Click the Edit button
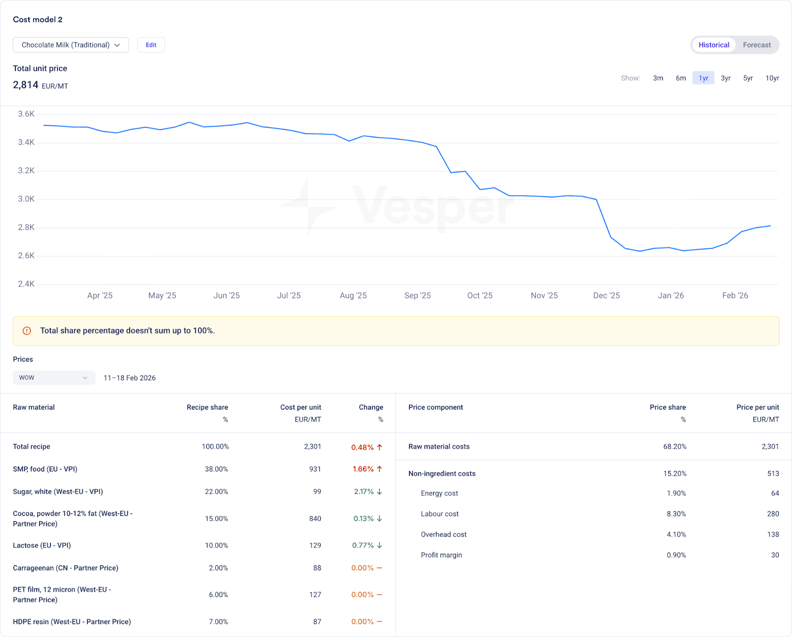point(151,45)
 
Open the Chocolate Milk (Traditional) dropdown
point(71,45)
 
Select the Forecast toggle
point(756,45)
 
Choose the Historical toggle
point(714,45)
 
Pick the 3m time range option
point(658,78)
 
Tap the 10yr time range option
point(772,78)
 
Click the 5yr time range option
point(747,78)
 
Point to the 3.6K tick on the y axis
point(26,114)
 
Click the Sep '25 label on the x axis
point(417,296)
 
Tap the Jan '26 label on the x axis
point(671,296)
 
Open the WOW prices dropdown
point(54,378)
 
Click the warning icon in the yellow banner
point(27,331)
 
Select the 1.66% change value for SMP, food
point(363,469)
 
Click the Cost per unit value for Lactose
point(315,546)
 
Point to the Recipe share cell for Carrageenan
point(218,568)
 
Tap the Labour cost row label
point(440,514)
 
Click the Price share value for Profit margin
point(676,555)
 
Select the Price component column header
point(436,408)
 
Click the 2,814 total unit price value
point(26,85)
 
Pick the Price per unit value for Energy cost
point(775,494)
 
